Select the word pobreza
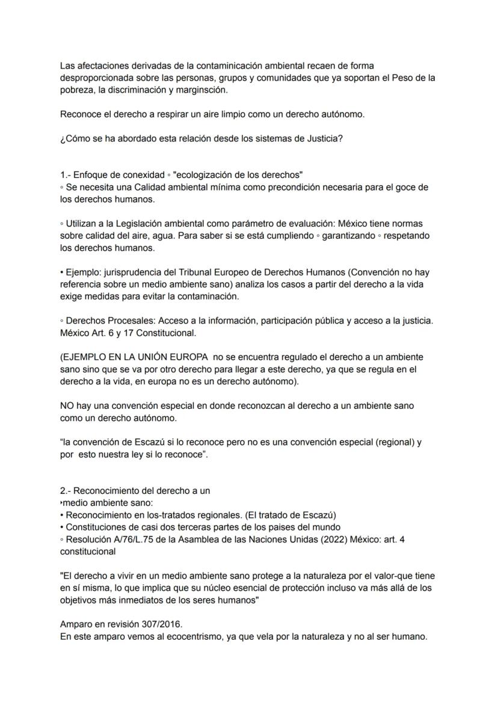pos(77,90)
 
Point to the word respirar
pos(165,114)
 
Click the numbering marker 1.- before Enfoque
pos(66,175)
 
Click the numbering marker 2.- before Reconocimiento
pos(66,491)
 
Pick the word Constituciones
pos(96,527)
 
